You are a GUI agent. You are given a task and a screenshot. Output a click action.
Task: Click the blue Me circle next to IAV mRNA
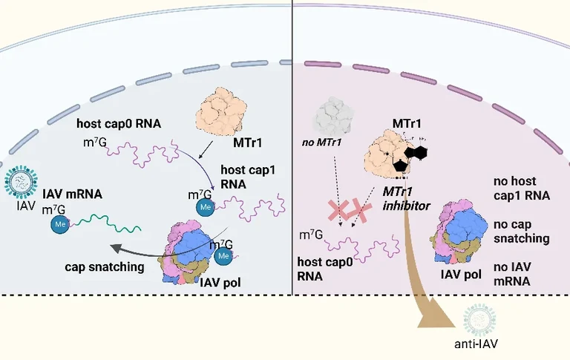60,222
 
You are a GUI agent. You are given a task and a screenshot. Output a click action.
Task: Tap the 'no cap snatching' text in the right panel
522,232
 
